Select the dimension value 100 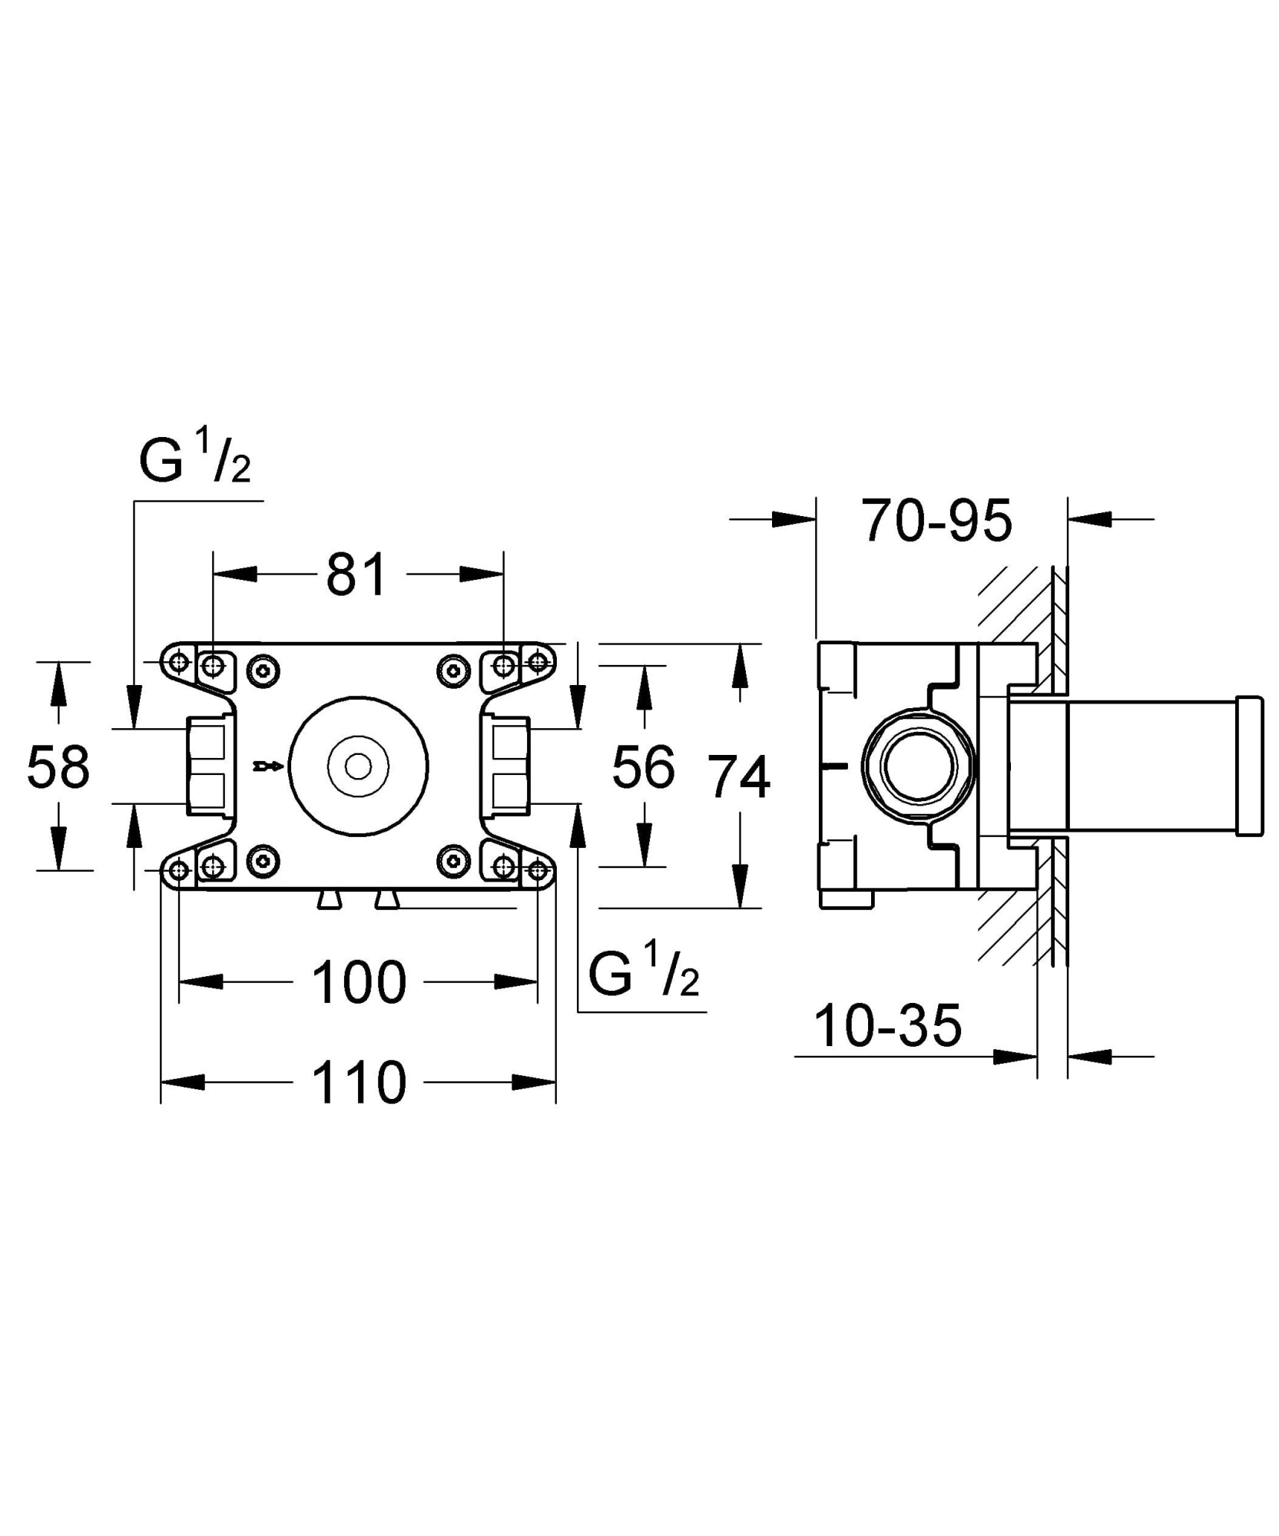click(x=358, y=982)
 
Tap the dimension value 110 click(x=358, y=1083)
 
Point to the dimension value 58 click(x=58, y=767)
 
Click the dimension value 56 click(x=643, y=767)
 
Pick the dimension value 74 click(x=738, y=777)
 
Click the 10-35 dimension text click(x=887, y=1026)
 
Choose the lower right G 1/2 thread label click(x=644, y=974)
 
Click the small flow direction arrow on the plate click(x=268, y=766)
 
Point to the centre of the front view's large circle click(x=358, y=766)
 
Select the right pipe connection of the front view click(x=507, y=766)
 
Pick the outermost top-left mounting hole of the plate click(x=179, y=661)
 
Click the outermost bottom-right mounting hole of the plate click(x=538, y=869)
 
